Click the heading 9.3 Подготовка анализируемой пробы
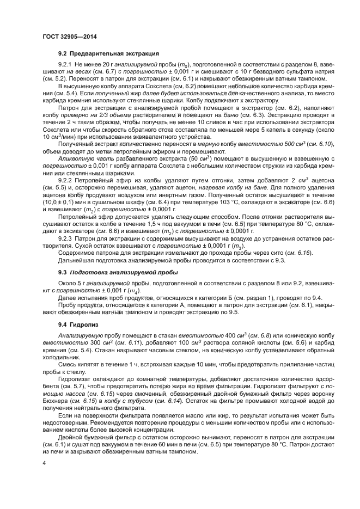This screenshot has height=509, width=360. [118, 271]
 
